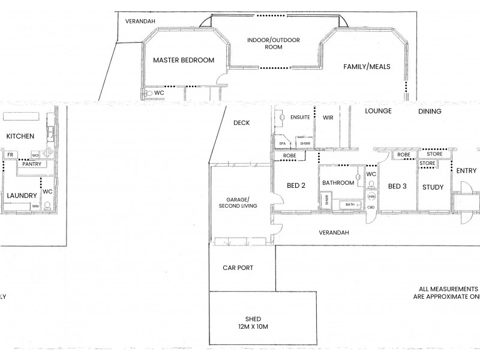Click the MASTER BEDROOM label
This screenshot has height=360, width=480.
[183, 61]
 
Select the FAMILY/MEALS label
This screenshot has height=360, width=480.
[367, 67]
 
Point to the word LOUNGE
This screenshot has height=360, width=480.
[377, 111]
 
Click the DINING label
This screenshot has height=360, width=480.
[430, 111]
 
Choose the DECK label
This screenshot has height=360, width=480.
[242, 123]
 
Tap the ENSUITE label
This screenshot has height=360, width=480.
[300, 118]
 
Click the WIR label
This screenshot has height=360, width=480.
[328, 118]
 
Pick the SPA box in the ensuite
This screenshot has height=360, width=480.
[281, 144]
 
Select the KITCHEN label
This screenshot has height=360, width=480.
[20, 137]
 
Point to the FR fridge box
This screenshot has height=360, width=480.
[10, 155]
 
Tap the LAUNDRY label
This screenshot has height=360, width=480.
[21, 195]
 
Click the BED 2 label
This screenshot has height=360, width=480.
[295, 186]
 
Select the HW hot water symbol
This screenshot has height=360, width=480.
[371, 197]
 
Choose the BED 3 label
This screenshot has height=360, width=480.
[397, 187]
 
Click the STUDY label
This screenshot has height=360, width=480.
[433, 187]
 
